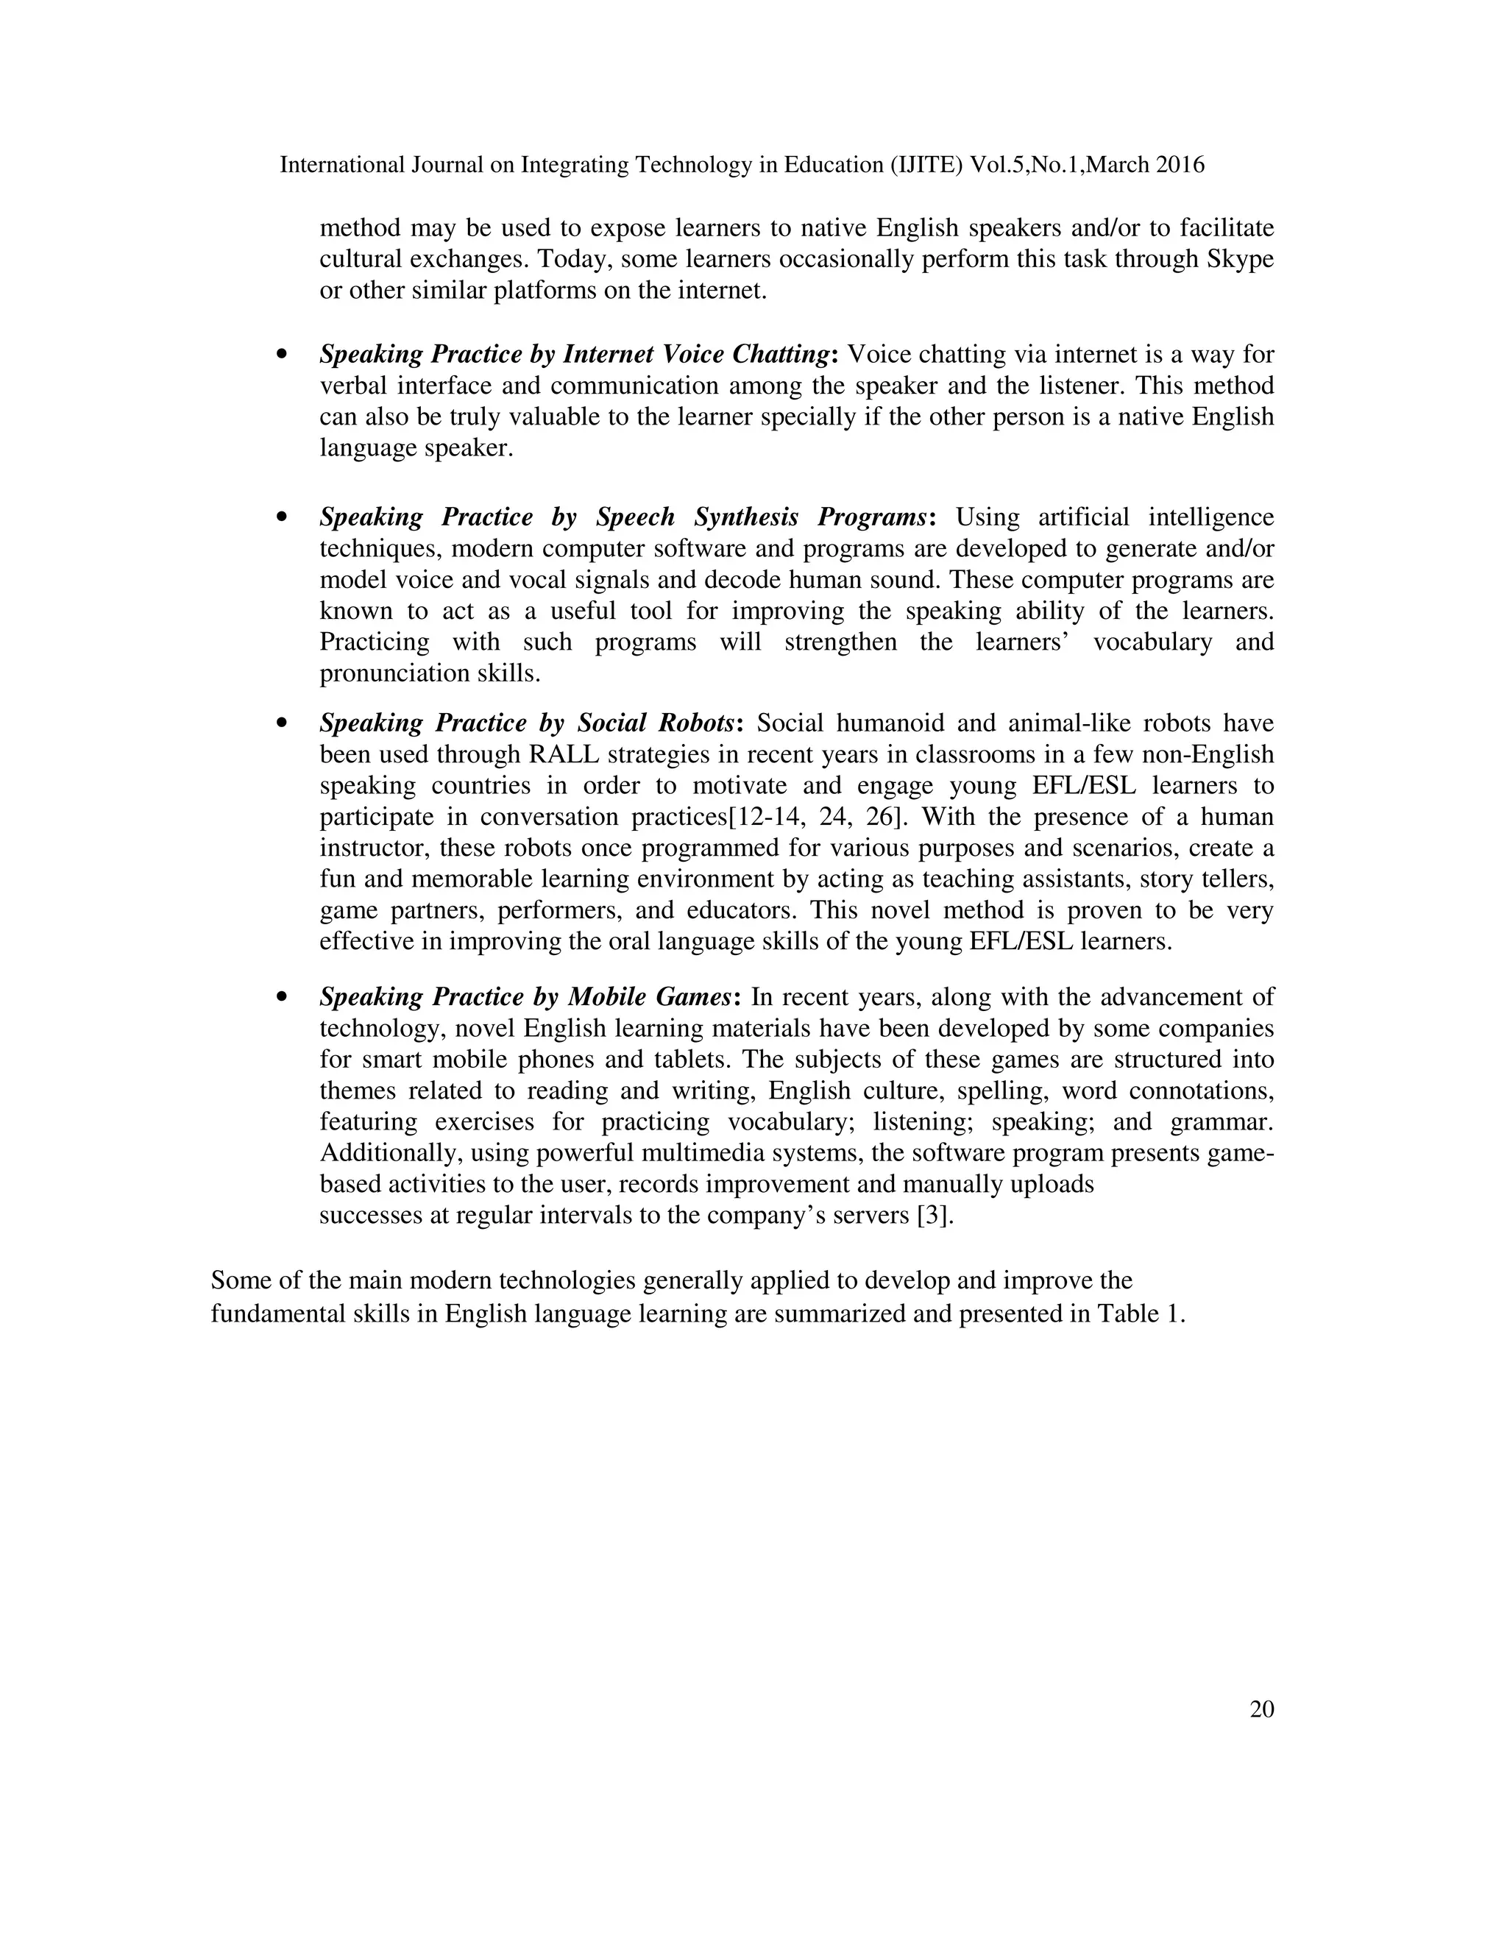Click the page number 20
[x=1261, y=1709]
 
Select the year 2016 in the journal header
[x=1180, y=165]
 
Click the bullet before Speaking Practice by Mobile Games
[x=283, y=997]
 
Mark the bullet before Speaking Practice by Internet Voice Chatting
[x=283, y=355]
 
